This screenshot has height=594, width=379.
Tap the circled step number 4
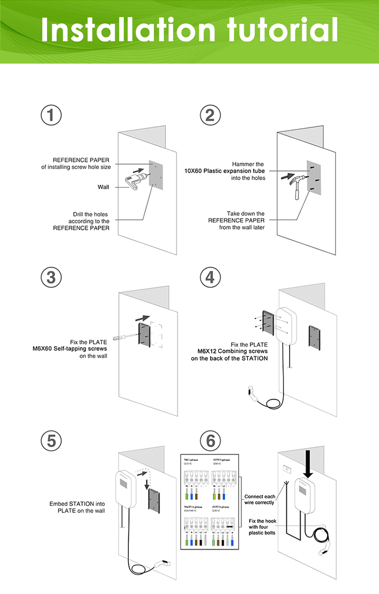click(210, 277)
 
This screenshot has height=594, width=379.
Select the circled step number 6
click(210, 441)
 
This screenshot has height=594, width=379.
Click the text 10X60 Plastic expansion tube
click(224, 171)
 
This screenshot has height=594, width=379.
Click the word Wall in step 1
click(103, 187)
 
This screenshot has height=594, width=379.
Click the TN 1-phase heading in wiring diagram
click(191, 460)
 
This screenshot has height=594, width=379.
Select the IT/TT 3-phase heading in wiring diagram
click(221, 507)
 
